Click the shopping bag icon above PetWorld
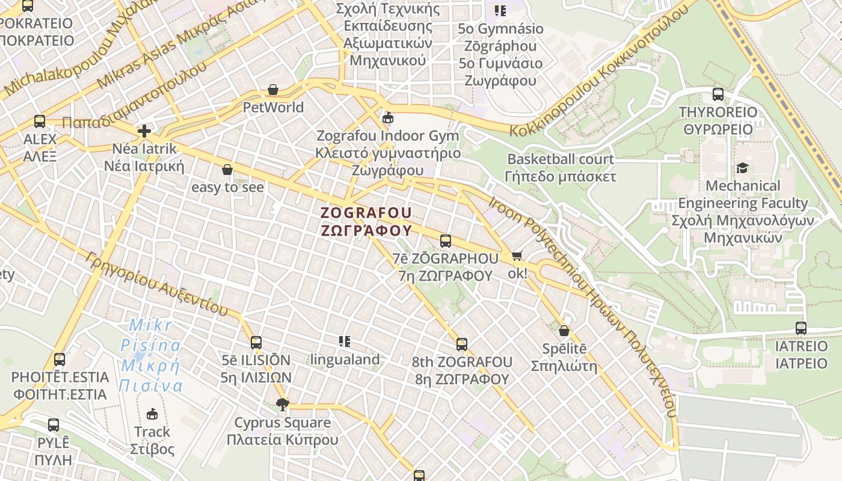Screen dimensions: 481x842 (x=273, y=90)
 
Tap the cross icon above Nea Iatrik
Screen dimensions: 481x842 (x=144, y=130)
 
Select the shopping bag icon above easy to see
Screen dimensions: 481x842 (x=227, y=170)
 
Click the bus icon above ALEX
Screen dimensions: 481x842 (x=40, y=121)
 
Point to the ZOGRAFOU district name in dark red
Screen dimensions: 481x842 (x=366, y=221)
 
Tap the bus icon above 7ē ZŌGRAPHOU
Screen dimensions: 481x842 (x=446, y=241)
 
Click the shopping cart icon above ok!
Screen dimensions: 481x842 (x=517, y=256)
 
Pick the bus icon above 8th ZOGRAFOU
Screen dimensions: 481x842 (x=462, y=345)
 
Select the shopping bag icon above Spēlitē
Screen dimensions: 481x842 (x=564, y=331)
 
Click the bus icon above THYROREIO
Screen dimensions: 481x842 (x=718, y=94)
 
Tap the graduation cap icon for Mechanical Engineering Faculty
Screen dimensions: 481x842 (x=743, y=168)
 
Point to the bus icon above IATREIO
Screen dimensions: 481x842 (x=801, y=328)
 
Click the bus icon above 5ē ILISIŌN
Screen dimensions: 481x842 (x=256, y=343)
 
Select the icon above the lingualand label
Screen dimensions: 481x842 (x=345, y=342)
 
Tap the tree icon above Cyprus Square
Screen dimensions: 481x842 (x=282, y=405)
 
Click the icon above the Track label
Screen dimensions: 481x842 (x=152, y=414)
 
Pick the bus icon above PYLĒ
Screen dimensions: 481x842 (x=54, y=425)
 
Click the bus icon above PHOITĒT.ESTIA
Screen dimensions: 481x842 (x=60, y=360)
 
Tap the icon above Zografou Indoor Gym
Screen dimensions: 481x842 (x=388, y=117)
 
